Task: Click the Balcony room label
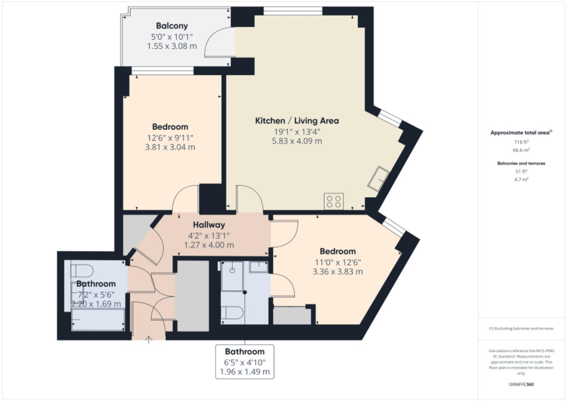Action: (x=172, y=26)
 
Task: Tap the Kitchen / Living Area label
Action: (x=297, y=121)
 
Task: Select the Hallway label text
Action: (x=209, y=225)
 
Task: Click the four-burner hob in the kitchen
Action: (x=333, y=202)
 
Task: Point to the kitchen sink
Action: (x=379, y=178)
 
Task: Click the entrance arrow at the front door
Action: (x=149, y=339)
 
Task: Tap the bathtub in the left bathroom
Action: (x=98, y=320)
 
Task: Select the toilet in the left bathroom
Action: (x=82, y=271)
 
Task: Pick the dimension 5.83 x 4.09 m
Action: (x=297, y=141)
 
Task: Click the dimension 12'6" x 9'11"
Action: (x=170, y=138)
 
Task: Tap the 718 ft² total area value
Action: (x=521, y=142)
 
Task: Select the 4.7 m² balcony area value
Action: (x=521, y=179)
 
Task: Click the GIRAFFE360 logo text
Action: (x=521, y=384)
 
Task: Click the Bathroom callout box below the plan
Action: (x=245, y=361)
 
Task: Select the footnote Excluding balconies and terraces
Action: (x=521, y=329)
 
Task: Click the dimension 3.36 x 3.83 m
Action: (x=338, y=272)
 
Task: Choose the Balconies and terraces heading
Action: (x=521, y=163)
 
